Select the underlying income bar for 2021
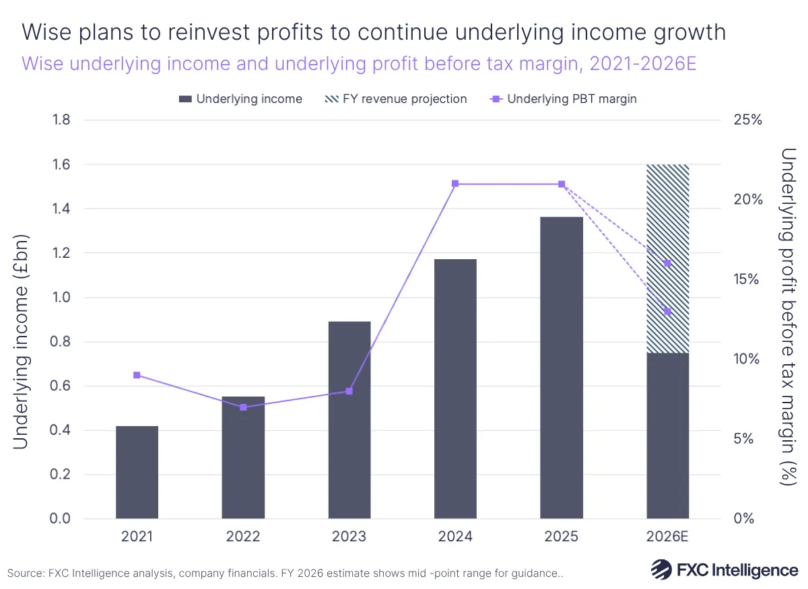(137, 472)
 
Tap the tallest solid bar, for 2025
(562, 368)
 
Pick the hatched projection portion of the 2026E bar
(667, 258)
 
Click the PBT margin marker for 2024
(455, 184)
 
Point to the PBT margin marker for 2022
(243, 407)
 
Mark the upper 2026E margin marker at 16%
(667, 263)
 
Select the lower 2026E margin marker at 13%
(667, 312)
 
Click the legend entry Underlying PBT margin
(564, 99)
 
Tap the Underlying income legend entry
(240, 99)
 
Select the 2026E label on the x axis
(667, 536)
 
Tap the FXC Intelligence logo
(724, 569)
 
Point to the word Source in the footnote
(26, 573)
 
